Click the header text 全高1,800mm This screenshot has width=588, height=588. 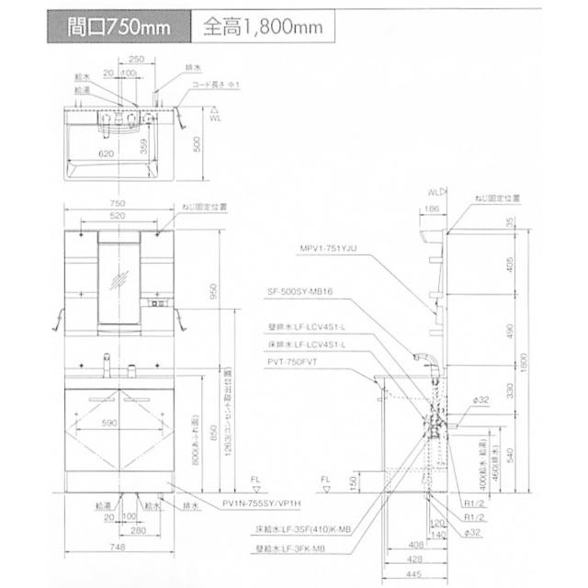pyautogui.click(x=262, y=27)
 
